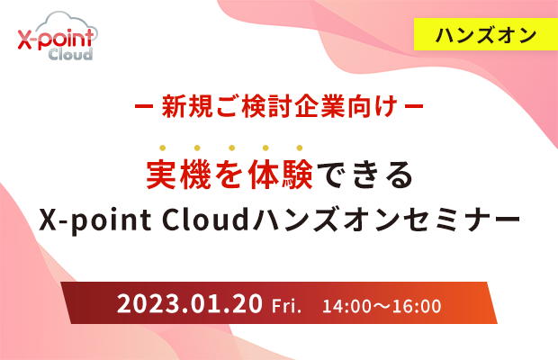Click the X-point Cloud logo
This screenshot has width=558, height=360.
click(58, 36)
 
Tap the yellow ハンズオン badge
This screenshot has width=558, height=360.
click(486, 34)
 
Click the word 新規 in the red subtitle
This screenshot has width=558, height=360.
click(187, 106)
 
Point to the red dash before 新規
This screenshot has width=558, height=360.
click(144, 106)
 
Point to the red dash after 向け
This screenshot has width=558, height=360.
click(414, 106)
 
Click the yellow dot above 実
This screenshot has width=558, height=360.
click(163, 148)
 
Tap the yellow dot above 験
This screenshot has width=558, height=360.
click(300, 148)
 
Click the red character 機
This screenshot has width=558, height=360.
click(196, 175)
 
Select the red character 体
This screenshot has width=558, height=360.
click(264, 175)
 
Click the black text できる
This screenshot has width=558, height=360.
click(364, 175)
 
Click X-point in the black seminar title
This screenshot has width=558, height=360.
click(95, 220)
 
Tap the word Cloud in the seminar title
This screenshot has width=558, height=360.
click(205, 219)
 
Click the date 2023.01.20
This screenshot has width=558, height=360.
click(190, 304)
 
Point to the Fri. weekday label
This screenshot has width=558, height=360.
click(286, 306)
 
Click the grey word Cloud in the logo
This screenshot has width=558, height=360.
click(70, 54)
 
